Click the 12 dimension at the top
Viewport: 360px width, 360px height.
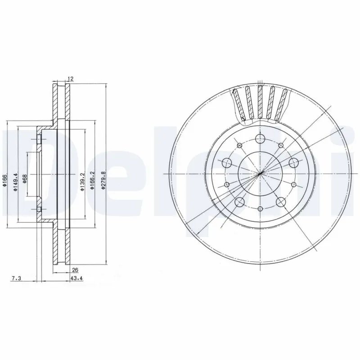(70, 79)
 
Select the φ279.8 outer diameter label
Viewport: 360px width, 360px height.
(103, 180)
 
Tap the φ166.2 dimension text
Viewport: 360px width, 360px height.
(92, 180)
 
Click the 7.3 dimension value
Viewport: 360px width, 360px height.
(16, 279)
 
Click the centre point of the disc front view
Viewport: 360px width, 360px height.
(260, 174)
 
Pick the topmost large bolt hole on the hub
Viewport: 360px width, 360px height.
(260, 139)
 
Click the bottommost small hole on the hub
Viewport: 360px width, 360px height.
(260, 209)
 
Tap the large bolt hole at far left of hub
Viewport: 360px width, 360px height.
(226, 163)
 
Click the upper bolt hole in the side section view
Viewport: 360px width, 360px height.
(39, 140)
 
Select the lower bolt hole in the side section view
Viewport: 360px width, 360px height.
(39, 210)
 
